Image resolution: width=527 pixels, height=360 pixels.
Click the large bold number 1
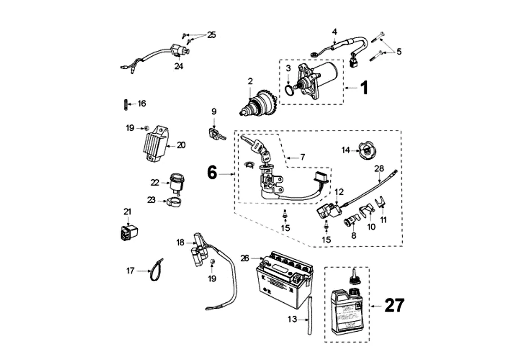coord(364,88)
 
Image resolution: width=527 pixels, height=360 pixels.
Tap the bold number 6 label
coord(212,172)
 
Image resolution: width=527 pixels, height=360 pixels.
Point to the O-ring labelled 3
coord(288,90)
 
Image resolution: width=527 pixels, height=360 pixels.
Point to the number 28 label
coord(379,168)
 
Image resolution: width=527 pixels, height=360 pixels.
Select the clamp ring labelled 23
coord(176,202)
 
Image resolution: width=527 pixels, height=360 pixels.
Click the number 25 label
coord(211,35)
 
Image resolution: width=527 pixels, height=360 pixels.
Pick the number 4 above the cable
coord(334,31)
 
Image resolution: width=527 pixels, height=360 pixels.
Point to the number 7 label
coord(302,157)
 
